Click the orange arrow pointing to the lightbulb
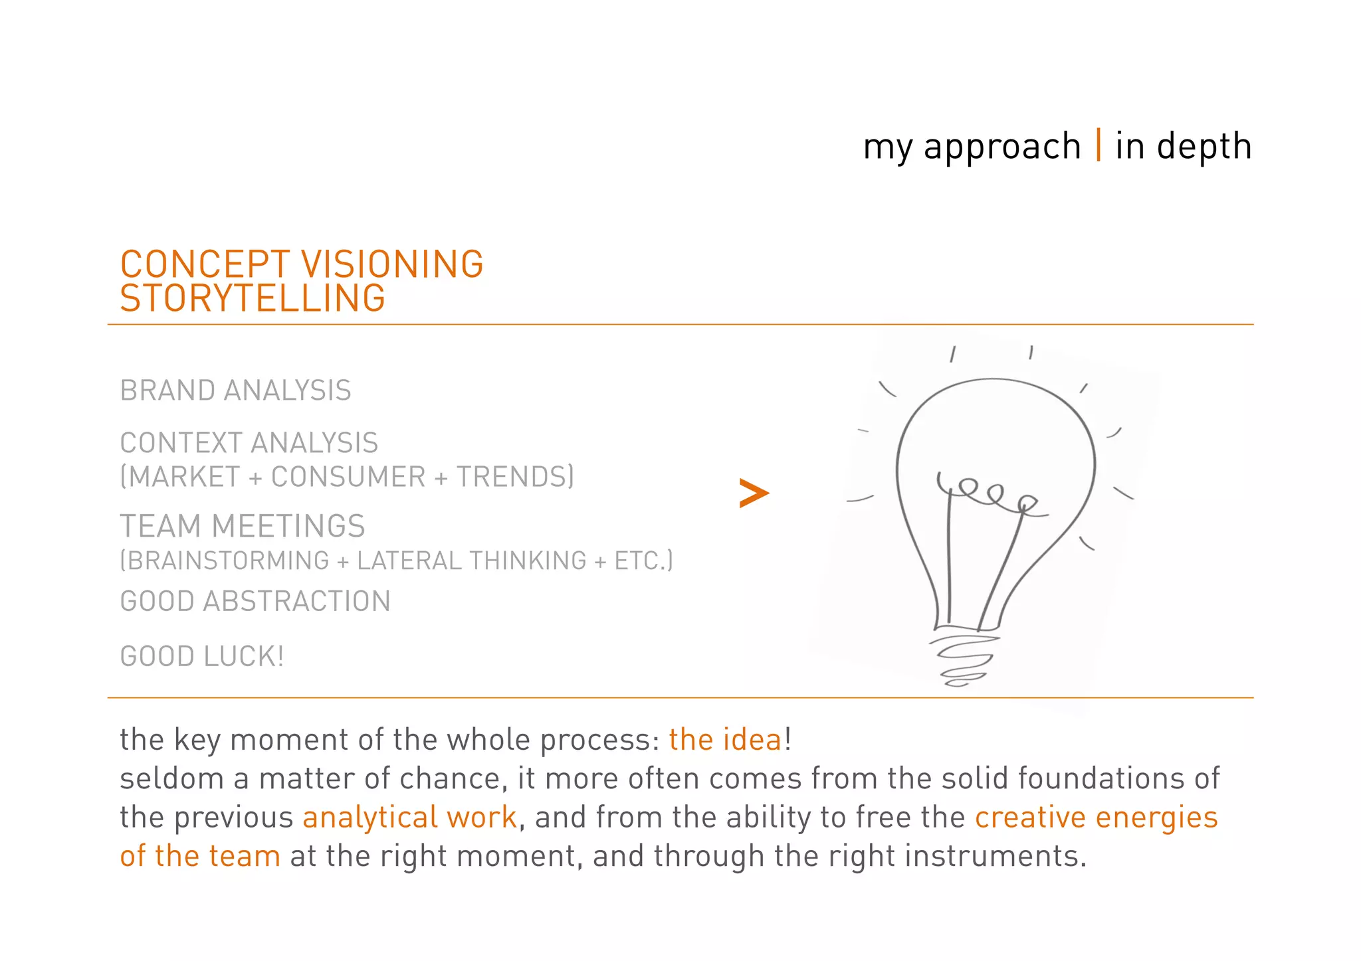[754, 493]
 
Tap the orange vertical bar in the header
[1099, 145]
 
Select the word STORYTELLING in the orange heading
[253, 298]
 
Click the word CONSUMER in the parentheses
[348, 477]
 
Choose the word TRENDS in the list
[511, 477]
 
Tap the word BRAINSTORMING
[228, 561]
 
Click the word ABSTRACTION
[296, 602]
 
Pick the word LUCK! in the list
[244, 657]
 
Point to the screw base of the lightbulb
[962, 660]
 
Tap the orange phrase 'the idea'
[726, 740]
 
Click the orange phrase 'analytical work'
[409, 818]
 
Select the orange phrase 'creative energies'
[1097, 818]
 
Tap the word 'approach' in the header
[1002, 147]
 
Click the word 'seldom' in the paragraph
[171, 778]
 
